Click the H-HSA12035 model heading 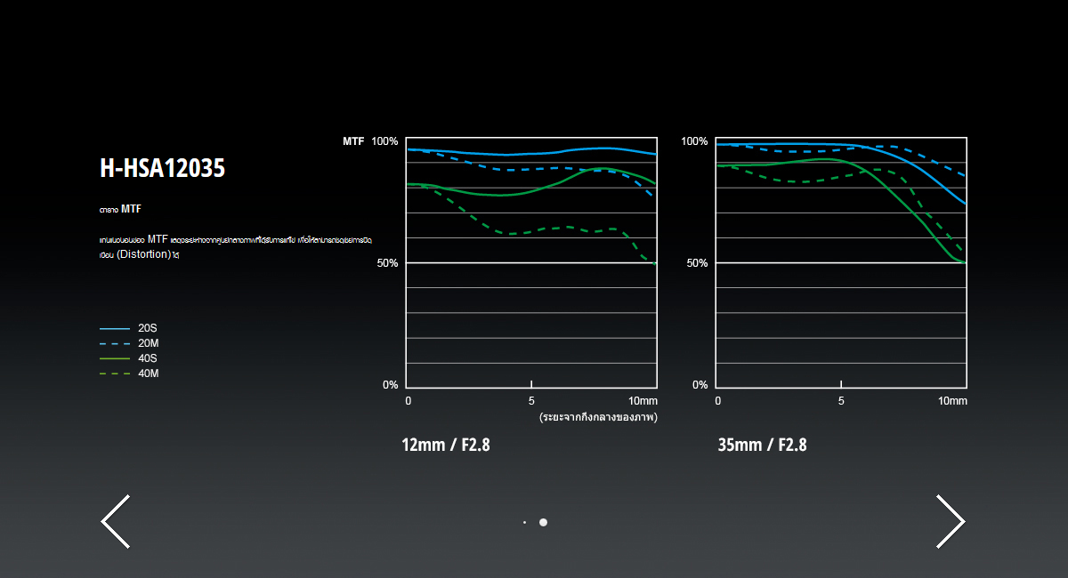tap(163, 168)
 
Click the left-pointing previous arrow tap(116, 521)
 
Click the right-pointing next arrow tap(950, 521)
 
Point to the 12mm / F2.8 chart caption tap(445, 445)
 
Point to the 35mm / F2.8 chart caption tap(762, 445)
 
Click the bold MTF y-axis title tap(353, 141)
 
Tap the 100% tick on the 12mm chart tap(384, 141)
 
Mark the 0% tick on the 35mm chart tap(700, 385)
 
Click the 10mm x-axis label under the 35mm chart tap(952, 401)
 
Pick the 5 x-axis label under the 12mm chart tap(531, 401)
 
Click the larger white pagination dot tap(543, 522)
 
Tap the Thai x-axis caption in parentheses tap(597, 416)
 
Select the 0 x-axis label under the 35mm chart tap(717, 401)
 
